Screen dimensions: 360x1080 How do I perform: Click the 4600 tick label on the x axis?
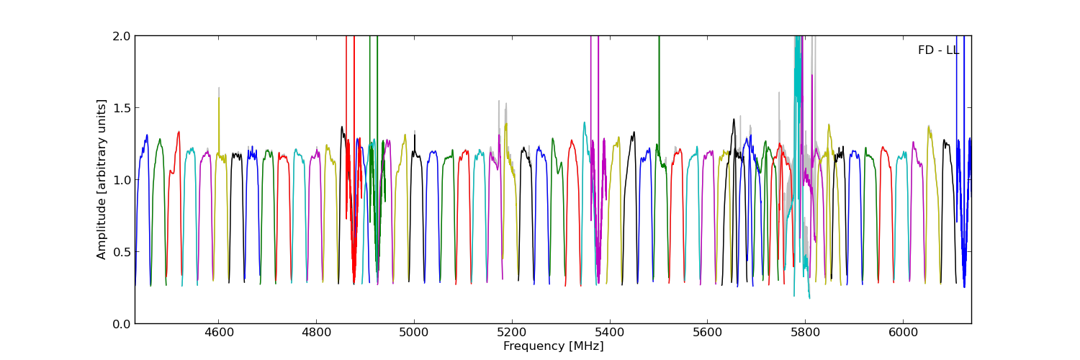pos(219,333)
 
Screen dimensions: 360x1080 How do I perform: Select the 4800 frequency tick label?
pos(317,333)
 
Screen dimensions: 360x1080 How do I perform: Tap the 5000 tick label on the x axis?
pos(414,333)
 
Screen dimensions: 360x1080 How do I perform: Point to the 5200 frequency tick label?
pos(512,333)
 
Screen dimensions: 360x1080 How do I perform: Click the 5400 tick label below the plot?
pos(610,333)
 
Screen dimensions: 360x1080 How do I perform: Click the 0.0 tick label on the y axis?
pos(122,324)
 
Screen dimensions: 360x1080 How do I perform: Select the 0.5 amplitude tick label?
pos(122,252)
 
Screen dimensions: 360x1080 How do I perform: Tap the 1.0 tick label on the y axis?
pos(122,180)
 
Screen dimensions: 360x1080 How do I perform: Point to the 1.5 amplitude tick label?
pos(122,108)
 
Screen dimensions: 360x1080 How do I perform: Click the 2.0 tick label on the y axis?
pos(122,36)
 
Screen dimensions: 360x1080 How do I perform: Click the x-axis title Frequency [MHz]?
pos(553,346)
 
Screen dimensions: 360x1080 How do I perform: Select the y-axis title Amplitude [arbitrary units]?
pos(102,179)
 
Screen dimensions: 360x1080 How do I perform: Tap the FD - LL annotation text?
pos(938,50)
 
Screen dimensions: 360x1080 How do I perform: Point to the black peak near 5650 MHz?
pos(734,120)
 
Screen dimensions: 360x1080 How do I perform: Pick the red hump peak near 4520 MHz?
pos(179,132)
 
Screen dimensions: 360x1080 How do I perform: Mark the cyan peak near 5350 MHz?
pos(584,122)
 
